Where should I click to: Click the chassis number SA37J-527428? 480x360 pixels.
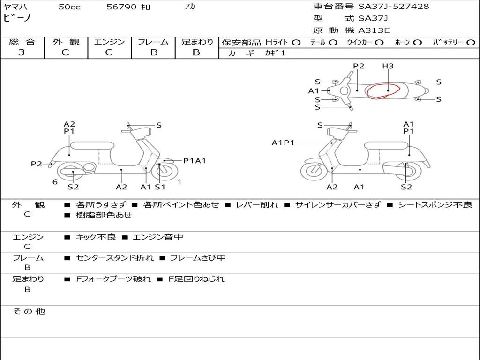click(394, 6)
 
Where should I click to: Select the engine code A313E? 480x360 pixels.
click(374, 30)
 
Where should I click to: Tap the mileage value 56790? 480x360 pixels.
click(121, 7)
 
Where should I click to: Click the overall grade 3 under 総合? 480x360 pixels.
click(22, 52)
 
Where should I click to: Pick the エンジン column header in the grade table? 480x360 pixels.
click(109, 42)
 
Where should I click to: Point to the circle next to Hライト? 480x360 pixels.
click(296, 43)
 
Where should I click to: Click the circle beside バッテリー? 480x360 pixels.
click(471, 43)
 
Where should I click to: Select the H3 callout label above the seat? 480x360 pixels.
click(388, 66)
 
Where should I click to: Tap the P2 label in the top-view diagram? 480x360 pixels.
click(359, 66)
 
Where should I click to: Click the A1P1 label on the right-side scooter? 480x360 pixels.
click(283, 142)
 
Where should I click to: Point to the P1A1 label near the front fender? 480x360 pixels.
click(195, 160)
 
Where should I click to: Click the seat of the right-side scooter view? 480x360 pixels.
click(386, 145)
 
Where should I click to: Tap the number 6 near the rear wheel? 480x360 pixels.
click(55, 182)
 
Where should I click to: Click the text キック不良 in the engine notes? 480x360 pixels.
click(96, 237)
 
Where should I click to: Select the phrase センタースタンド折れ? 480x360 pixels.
click(115, 258)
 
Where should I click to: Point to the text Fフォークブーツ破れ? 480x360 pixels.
click(113, 279)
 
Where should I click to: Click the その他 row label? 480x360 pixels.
click(29, 311)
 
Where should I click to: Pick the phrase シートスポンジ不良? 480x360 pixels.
click(435, 204)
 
